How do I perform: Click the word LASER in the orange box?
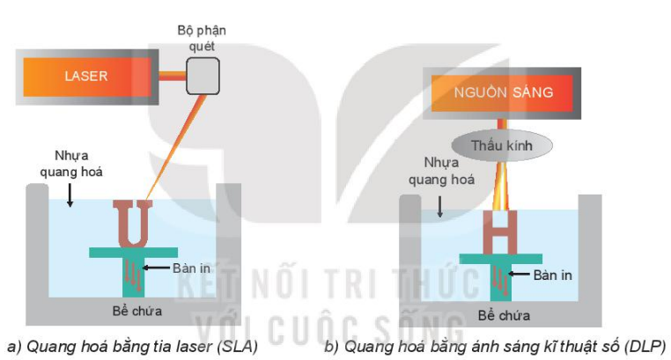tap(86, 76)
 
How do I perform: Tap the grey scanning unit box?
tap(203, 76)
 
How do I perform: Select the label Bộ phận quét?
tap(202, 38)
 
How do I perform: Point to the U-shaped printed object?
tap(133, 224)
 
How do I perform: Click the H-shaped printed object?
tap(500, 232)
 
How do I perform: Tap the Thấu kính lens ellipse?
tap(502, 145)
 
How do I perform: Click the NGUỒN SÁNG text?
tap(504, 92)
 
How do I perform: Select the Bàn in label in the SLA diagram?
tap(191, 268)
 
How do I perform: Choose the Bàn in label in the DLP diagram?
tap(552, 275)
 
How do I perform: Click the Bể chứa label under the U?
tap(137, 311)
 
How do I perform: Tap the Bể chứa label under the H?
tap(504, 315)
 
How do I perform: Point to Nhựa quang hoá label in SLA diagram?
tap(71, 164)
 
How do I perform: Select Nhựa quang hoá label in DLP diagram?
tap(441, 171)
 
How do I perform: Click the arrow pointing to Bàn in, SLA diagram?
tap(156, 268)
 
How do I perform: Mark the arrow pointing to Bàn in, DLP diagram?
tap(519, 274)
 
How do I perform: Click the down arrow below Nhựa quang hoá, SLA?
tap(70, 196)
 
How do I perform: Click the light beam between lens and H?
tap(501, 186)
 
